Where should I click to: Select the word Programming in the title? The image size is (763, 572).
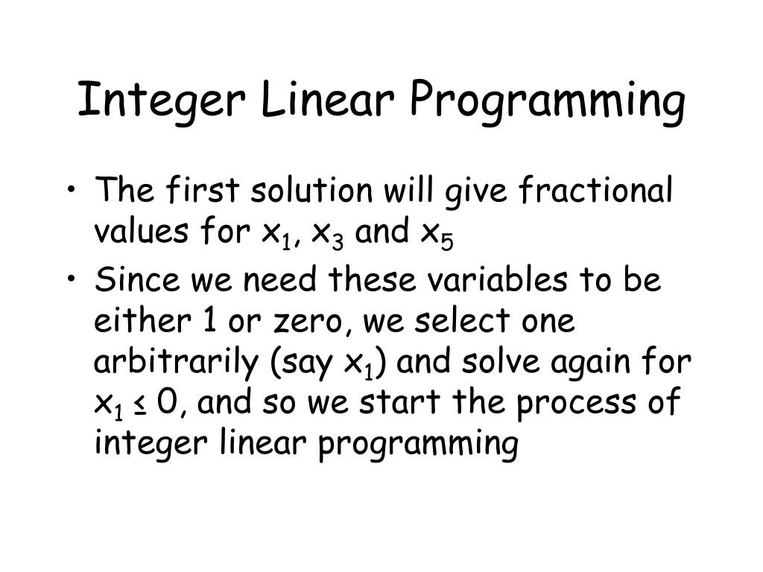(x=547, y=103)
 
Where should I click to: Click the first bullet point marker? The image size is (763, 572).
(x=71, y=192)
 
